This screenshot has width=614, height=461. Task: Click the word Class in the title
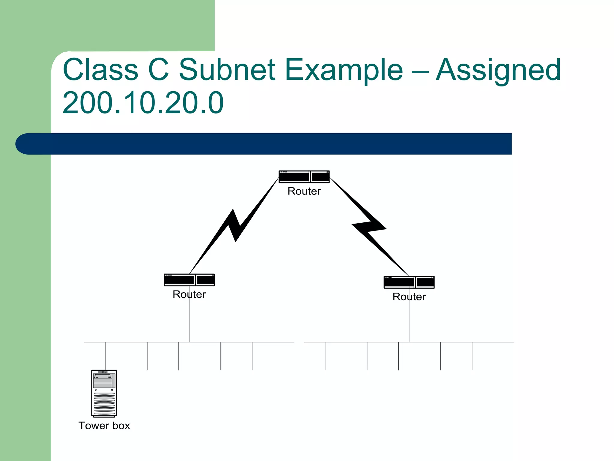(100, 70)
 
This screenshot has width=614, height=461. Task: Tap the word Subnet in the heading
(227, 70)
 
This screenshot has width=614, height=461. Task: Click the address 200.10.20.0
(143, 103)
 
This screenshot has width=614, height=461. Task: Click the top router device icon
(304, 177)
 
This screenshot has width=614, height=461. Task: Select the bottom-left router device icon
(189, 280)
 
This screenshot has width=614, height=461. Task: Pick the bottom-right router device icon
(409, 282)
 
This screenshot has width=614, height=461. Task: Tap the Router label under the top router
(304, 191)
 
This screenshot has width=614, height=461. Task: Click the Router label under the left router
(189, 294)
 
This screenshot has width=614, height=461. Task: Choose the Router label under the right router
(409, 297)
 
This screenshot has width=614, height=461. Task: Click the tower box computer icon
(104, 393)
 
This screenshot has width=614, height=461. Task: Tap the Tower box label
(104, 426)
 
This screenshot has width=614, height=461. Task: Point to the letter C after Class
(159, 70)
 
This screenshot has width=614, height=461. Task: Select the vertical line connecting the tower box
(105, 356)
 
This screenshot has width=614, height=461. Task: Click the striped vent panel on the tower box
(104, 404)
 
